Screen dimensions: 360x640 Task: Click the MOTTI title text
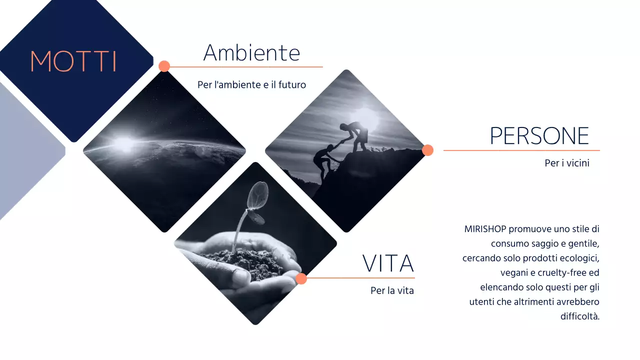pyautogui.click(x=73, y=61)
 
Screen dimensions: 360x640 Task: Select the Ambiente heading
pyautogui.click(x=251, y=52)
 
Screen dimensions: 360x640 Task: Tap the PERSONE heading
pyautogui.click(x=539, y=135)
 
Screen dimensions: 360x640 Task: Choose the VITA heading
pyautogui.click(x=388, y=263)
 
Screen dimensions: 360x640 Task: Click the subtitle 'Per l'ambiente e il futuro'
pyautogui.click(x=251, y=85)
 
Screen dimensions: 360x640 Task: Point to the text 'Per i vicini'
pyautogui.click(x=567, y=163)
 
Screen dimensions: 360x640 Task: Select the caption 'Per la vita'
pyautogui.click(x=392, y=290)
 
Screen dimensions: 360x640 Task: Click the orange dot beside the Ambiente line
pyautogui.click(x=164, y=66)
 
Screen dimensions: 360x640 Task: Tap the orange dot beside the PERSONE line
pyautogui.click(x=427, y=150)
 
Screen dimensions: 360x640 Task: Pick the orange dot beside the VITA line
pyautogui.click(x=301, y=278)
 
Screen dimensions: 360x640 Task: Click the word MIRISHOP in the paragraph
pyautogui.click(x=485, y=229)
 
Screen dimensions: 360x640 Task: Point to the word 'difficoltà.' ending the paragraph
pyautogui.click(x=580, y=316)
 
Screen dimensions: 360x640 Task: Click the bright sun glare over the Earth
pyautogui.click(x=124, y=143)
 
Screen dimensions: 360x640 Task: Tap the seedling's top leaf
pyautogui.click(x=258, y=191)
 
